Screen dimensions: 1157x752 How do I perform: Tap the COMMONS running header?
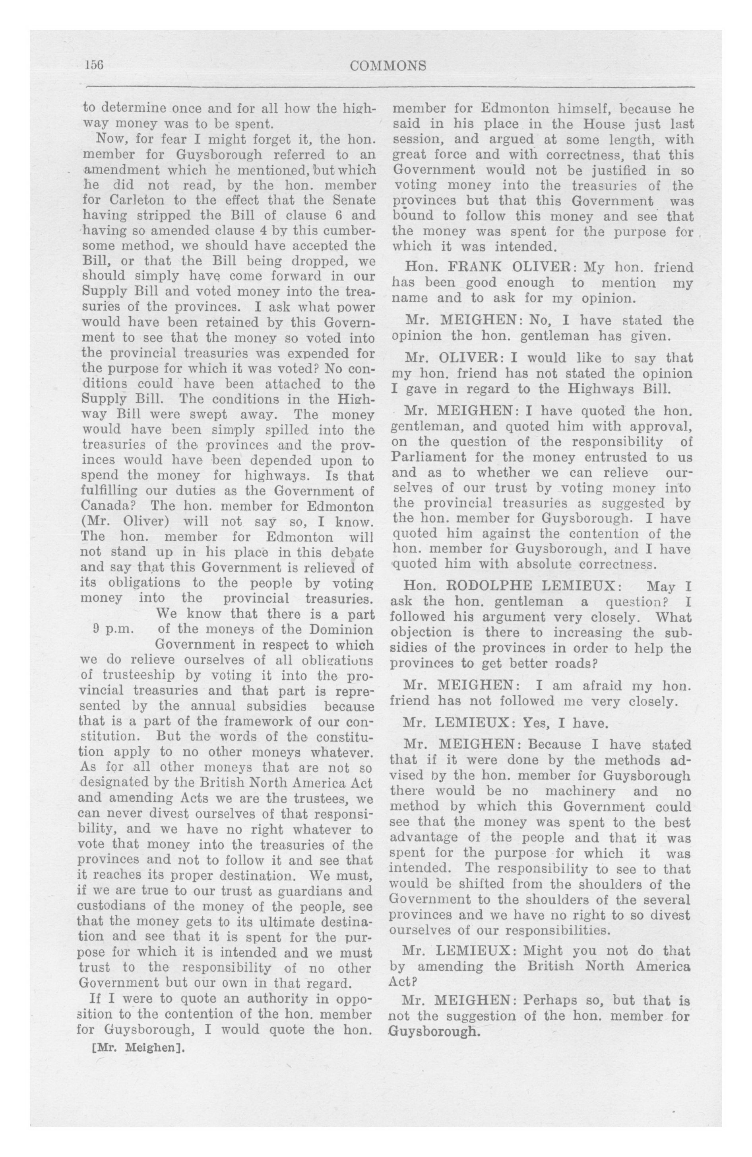click(x=388, y=66)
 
